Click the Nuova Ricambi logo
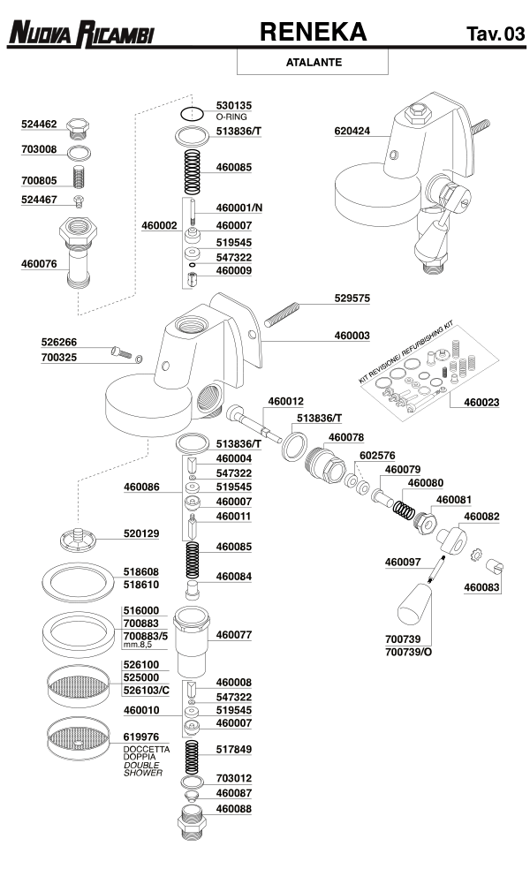point(80,34)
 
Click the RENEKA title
point(313,32)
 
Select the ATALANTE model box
point(314,63)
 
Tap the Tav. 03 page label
point(496,34)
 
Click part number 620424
point(352,132)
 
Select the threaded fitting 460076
point(79,255)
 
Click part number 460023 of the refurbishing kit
point(481,402)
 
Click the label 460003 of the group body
point(352,336)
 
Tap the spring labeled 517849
point(191,756)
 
